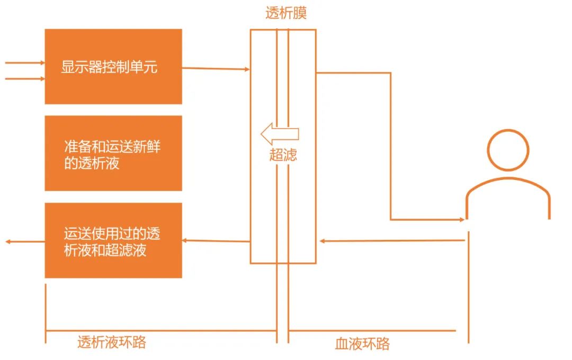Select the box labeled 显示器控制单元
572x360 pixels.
point(113,67)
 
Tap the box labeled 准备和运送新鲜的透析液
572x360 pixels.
point(113,154)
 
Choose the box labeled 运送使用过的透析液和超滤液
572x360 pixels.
point(113,241)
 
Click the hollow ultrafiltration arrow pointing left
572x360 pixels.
point(280,133)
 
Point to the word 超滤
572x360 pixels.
point(283,155)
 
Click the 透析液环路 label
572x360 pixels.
point(112,343)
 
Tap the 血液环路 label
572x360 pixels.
point(362,344)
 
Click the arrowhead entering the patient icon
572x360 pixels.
point(460,219)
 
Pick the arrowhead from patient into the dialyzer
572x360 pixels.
point(323,241)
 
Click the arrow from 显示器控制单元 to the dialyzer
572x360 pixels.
point(216,68)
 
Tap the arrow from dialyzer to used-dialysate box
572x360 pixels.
point(216,241)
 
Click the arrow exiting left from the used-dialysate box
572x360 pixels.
point(24,241)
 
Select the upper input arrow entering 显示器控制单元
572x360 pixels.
point(25,62)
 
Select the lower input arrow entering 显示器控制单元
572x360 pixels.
point(25,79)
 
